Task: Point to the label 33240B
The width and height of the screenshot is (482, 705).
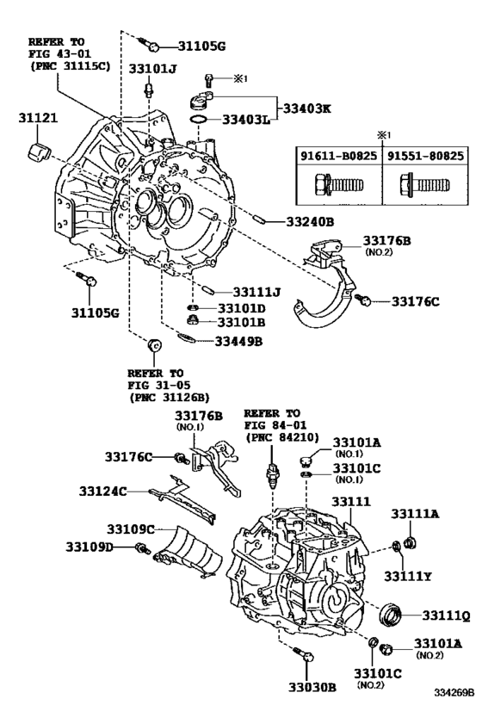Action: [305, 221]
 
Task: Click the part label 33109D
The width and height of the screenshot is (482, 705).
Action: [91, 546]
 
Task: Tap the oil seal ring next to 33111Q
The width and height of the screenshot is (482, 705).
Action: [392, 615]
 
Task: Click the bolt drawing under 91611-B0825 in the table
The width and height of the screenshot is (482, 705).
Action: [332, 185]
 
